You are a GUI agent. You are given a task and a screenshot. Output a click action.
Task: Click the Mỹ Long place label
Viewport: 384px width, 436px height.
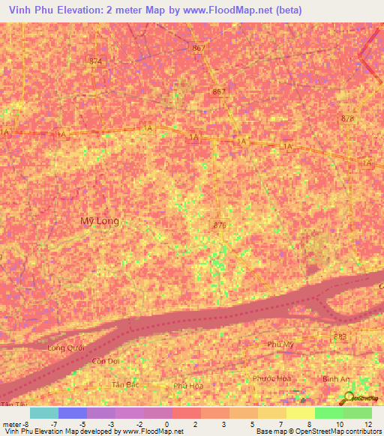click(x=99, y=221)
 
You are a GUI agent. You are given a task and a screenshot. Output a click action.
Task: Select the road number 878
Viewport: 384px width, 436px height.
click(x=346, y=118)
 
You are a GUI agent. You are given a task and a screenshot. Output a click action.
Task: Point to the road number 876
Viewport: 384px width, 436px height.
click(x=220, y=225)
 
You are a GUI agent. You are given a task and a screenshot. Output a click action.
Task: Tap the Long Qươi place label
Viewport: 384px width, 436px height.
click(x=65, y=348)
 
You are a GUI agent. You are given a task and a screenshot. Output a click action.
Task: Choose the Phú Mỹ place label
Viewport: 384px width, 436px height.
click(x=280, y=344)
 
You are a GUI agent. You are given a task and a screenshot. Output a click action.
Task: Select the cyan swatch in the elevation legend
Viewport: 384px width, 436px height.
click(x=44, y=413)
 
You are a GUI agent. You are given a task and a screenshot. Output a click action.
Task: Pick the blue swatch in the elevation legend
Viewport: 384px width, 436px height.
click(x=73, y=413)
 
